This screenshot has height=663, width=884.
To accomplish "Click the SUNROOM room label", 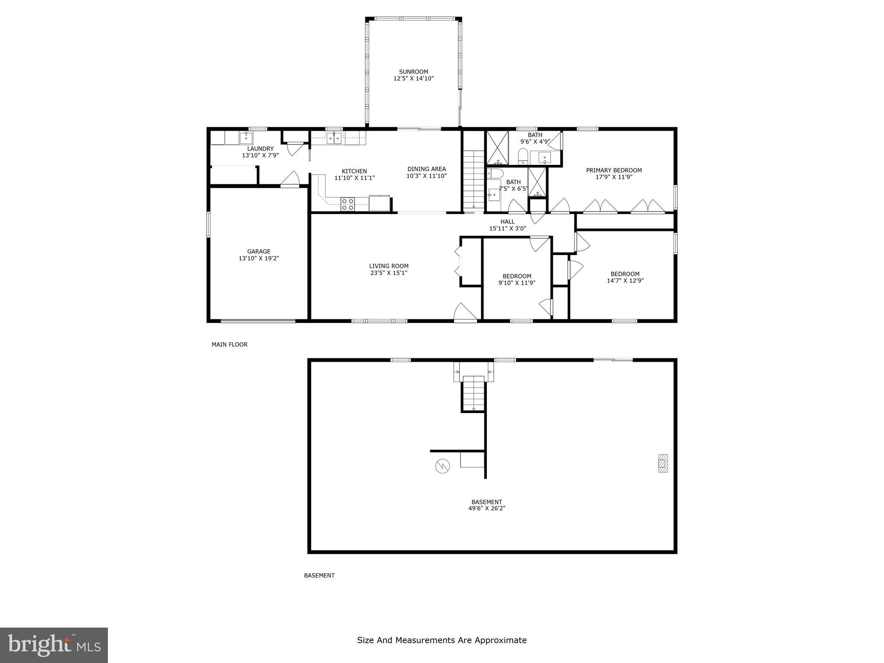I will (x=413, y=72).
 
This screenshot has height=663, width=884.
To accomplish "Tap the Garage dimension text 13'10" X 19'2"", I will (x=259, y=258).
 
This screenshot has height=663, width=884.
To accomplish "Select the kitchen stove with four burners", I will (x=347, y=204).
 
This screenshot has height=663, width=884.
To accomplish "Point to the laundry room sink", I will (x=246, y=138).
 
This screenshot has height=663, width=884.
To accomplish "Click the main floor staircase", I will (x=474, y=179).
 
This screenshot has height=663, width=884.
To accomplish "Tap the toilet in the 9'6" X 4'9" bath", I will (x=523, y=156).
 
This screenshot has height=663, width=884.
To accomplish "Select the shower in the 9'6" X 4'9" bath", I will (x=498, y=148).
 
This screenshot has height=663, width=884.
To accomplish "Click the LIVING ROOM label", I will (x=388, y=266).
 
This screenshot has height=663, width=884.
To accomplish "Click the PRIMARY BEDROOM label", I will (x=613, y=170).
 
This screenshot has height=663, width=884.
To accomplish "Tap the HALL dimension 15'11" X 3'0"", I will (x=507, y=228).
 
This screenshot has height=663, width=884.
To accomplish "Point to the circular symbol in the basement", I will (x=442, y=466).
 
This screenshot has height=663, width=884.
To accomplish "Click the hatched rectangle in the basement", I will (x=663, y=463).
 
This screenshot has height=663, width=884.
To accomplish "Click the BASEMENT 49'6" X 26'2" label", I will (x=486, y=505).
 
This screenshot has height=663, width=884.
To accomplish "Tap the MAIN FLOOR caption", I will (x=229, y=344).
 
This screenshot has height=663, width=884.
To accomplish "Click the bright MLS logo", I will (x=54, y=645).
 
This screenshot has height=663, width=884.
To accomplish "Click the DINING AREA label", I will (x=426, y=169).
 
